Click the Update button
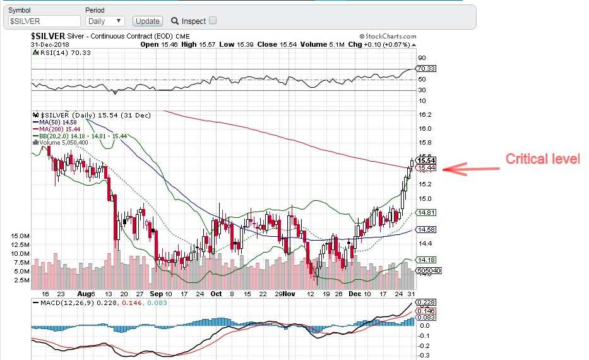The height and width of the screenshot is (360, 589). pyautogui.click(x=148, y=21)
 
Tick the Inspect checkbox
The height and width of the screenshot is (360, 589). pyautogui.click(x=213, y=20)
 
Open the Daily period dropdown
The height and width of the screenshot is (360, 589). pyautogui.click(x=105, y=21)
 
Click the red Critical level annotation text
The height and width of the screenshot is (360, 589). pyautogui.click(x=542, y=159)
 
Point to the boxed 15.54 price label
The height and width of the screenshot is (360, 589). pyautogui.click(x=427, y=161)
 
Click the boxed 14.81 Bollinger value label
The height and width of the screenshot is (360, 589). pyautogui.click(x=427, y=213)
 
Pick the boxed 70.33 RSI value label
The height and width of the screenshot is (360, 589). pyautogui.click(x=427, y=68)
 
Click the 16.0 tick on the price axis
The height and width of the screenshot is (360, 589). pyautogui.click(x=425, y=129)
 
